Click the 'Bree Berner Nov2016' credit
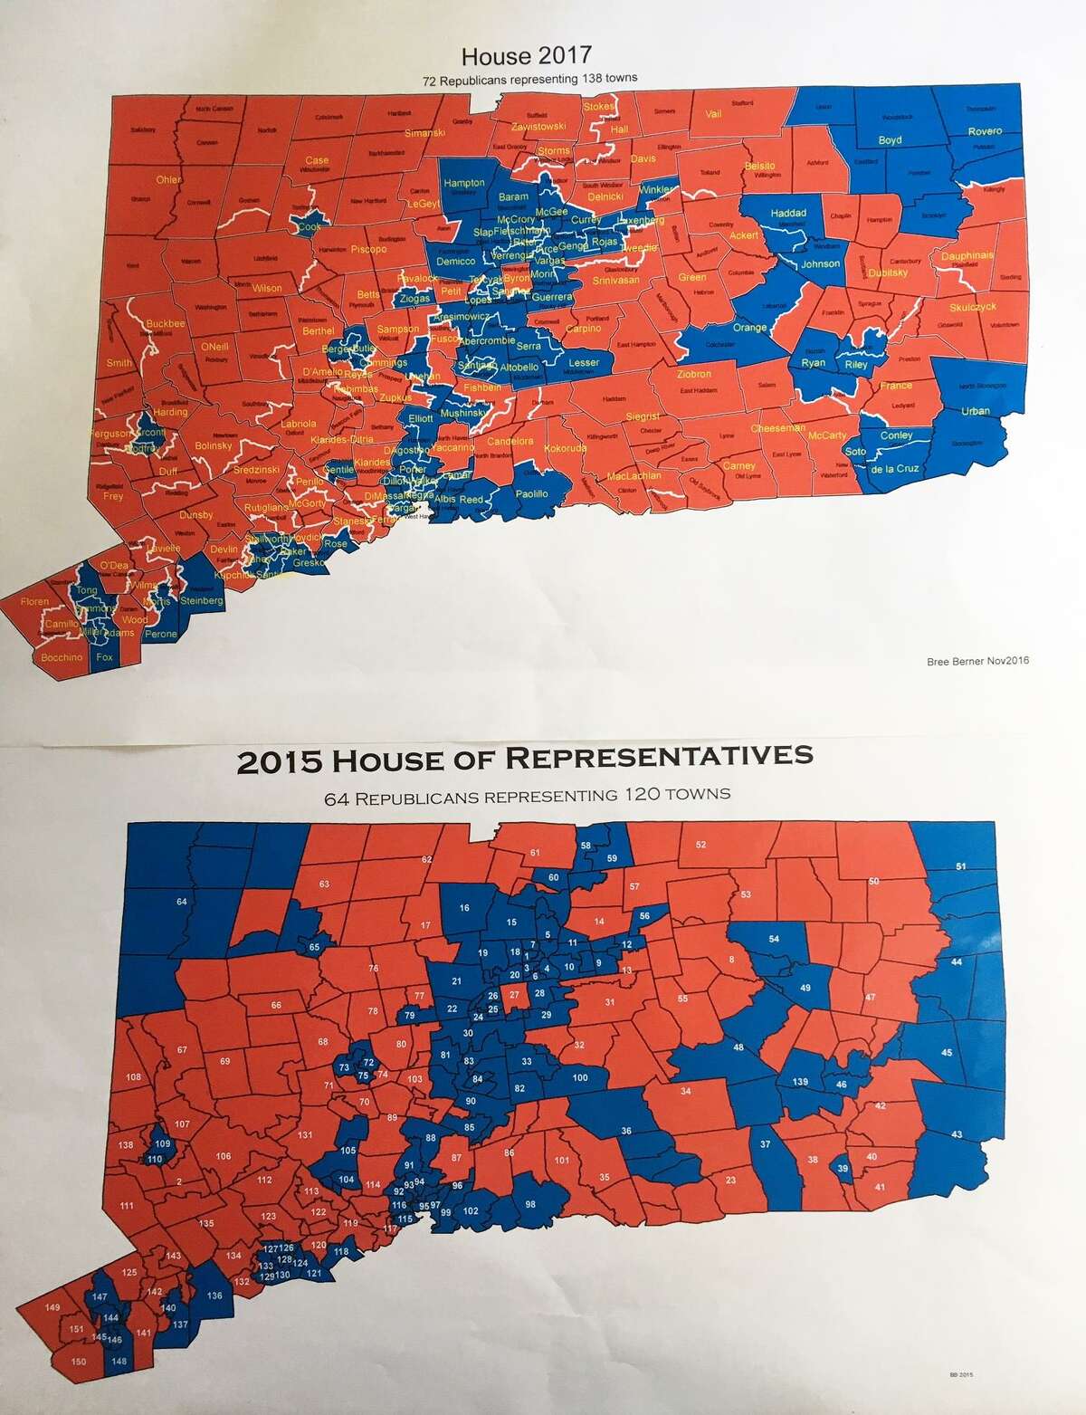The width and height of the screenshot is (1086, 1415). coord(978,661)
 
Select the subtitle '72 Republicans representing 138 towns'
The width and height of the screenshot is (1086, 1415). coord(529,79)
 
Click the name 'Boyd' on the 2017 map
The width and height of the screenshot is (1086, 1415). coord(890,140)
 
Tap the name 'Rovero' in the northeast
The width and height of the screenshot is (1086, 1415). coord(985,131)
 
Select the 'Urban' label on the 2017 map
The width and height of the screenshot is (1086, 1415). coord(976,411)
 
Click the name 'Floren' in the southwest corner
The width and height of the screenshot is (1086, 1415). coord(34,601)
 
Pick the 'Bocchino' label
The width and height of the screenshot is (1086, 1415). coord(62,657)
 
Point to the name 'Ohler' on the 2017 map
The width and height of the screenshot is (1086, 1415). coord(168,179)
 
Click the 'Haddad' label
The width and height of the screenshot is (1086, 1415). coord(787,214)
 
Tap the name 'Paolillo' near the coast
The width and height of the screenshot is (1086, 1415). coord(532,493)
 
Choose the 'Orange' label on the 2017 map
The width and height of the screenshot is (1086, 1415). coord(749,328)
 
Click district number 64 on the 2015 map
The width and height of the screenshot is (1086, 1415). coord(182,902)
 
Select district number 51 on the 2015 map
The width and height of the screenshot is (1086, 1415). coord(960,866)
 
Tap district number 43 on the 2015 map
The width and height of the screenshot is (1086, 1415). coord(958,1135)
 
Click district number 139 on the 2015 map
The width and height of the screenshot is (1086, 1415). coord(799,1083)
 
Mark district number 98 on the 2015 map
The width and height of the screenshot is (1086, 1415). coord(530,1204)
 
